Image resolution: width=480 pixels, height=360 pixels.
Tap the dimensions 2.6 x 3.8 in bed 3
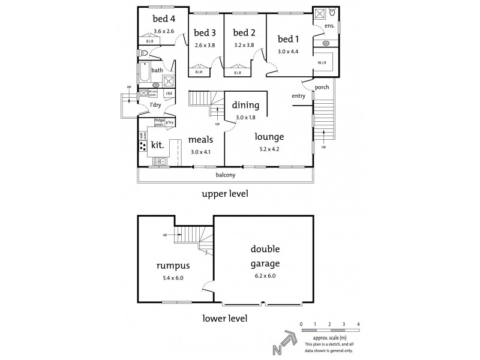pyautogui.click(x=205, y=45)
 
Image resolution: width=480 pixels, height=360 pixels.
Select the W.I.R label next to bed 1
pyautogui.click(x=323, y=62)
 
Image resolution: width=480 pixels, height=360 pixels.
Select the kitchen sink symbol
pyautogui.click(x=159, y=161)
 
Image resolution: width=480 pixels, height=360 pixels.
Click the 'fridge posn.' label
pyautogui.click(x=160, y=121)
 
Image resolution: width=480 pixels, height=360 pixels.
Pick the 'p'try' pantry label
pyautogui.click(x=170, y=122)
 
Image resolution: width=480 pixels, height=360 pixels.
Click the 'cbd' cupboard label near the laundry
pyautogui.click(x=169, y=94)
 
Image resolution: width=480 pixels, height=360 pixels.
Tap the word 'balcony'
pyautogui.click(x=225, y=175)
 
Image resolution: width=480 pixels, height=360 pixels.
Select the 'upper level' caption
pyautogui.click(x=224, y=194)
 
